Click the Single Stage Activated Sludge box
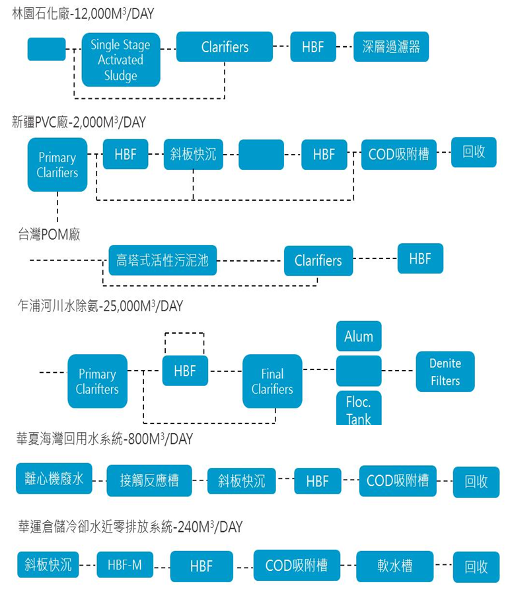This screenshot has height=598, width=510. point(120,60)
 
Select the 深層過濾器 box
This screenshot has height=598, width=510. point(391,47)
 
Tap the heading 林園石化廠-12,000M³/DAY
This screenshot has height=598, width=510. point(83,13)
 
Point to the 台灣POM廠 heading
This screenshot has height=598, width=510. point(49,234)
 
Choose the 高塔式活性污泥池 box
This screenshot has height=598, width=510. point(163,260)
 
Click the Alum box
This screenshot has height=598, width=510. point(359,336)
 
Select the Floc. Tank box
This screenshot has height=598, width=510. point(359,408)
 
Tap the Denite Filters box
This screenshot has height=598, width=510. point(445,371)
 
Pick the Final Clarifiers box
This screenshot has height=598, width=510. point(272,381)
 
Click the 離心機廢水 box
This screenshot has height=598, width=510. point(54,478)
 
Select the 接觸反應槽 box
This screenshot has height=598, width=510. point(149,480)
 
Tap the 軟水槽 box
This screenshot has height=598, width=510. point(395,566)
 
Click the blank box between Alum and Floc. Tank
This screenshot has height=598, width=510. point(359,371)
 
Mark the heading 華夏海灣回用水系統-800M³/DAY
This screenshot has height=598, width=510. point(104,439)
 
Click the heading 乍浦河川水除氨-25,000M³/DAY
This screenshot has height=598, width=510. point(100,306)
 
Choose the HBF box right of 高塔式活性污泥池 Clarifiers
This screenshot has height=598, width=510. point(420,258)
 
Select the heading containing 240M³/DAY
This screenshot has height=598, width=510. point(130,527)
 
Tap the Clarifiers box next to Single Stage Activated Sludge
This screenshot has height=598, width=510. point(225,47)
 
